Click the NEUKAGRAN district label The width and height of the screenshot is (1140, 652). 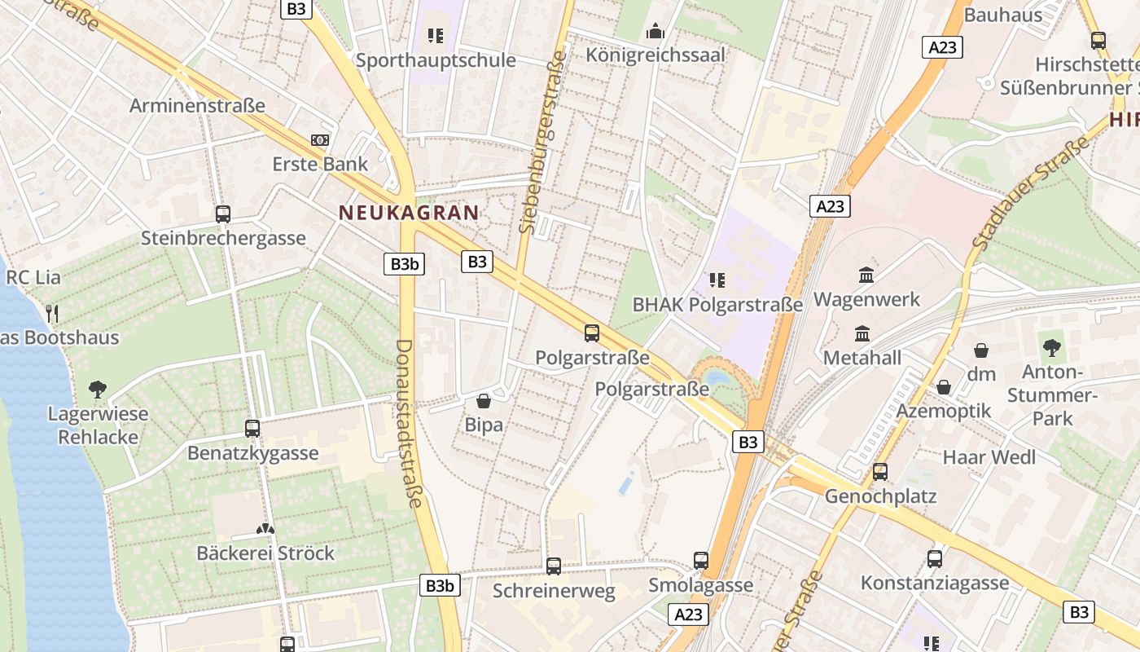click(409, 213)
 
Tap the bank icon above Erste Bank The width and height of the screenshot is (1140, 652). click(320, 140)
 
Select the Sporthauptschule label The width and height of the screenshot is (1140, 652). click(436, 60)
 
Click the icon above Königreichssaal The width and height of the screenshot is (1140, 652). click(655, 33)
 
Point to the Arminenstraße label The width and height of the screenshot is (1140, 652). click(197, 105)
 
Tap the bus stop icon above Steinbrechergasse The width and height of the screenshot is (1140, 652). click(223, 214)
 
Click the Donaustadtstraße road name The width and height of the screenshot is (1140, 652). click(408, 423)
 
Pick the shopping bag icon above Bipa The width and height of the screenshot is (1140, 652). click(484, 401)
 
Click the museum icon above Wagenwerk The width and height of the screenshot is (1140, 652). click(866, 275)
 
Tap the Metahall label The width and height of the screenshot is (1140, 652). click(862, 358)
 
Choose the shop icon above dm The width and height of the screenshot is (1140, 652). click(981, 350)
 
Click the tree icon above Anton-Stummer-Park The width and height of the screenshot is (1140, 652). click(1051, 348)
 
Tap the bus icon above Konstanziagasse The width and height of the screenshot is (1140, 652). click(935, 559)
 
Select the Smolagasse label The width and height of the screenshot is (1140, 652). click(700, 585)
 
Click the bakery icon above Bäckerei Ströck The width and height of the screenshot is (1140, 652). click(265, 529)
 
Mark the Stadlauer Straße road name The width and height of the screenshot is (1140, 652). click(1030, 193)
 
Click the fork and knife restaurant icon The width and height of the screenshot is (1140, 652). click(52, 313)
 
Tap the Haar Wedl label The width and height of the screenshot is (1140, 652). click(989, 457)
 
